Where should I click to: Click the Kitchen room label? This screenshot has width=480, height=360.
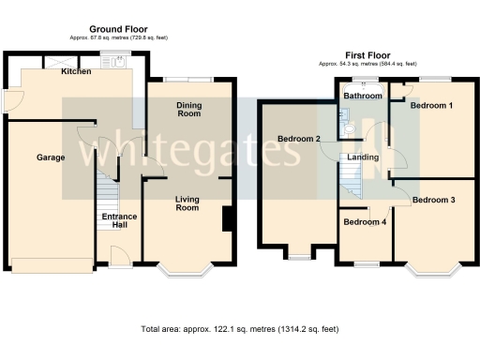[x=75, y=72]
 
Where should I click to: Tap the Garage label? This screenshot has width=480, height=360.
[x=51, y=157]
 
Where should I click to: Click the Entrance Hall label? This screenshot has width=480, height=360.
[x=119, y=221]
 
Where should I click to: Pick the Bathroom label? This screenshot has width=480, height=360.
[x=363, y=97]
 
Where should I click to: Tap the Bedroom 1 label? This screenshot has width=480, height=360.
[x=432, y=106]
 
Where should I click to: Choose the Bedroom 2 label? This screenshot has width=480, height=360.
[x=299, y=140]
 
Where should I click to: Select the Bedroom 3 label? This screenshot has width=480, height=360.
[x=434, y=200]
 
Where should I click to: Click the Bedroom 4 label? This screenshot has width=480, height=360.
[x=364, y=222]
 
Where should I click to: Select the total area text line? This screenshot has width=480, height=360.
[x=239, y=330]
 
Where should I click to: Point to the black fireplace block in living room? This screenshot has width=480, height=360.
[x=227, y=217]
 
